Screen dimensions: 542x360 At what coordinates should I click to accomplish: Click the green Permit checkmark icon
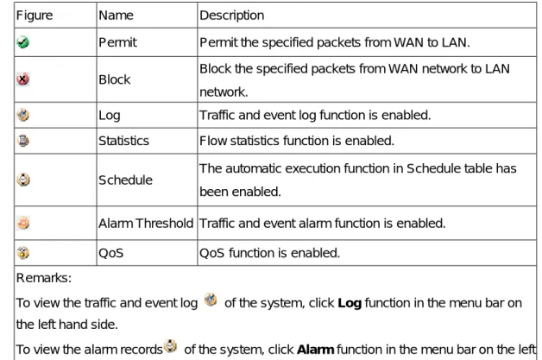[x=22, y=42]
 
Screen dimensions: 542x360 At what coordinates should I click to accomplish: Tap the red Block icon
[x=22, y=79]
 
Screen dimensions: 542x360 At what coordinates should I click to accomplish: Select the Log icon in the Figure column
[x=22, y=115]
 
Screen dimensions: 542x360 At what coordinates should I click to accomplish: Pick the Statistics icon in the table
[x=22, y=141]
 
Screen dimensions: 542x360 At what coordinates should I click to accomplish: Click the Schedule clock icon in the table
[x=23, y=180]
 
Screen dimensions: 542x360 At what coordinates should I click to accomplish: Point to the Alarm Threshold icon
[x=23, y=223]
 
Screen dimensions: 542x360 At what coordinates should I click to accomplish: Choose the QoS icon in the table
[x=23, y=253]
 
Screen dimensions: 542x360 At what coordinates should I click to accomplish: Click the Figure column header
[x=35, y=16]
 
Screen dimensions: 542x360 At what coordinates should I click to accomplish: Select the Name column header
[x=116, y=16]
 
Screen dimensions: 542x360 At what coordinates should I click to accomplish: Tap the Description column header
[x=232, y=16]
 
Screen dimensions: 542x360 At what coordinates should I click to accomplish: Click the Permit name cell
[x=118, y=42]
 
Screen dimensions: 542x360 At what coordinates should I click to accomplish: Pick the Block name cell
[x=115, y=79]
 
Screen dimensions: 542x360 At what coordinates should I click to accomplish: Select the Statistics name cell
[x=123, y=141]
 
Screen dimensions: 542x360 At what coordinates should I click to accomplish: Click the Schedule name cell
[x=125, y=180]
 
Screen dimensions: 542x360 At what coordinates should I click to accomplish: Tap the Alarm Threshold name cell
[x=146, y=223]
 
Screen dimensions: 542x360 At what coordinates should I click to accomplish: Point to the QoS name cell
[x=111, y=253]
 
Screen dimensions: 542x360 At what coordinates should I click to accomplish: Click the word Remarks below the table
[x=44, y=278]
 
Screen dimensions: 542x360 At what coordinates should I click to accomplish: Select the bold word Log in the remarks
[x=350, y=303]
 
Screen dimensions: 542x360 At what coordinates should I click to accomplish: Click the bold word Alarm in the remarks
[x=315, y=350]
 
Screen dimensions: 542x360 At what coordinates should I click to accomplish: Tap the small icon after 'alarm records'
[x=170, y=346]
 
